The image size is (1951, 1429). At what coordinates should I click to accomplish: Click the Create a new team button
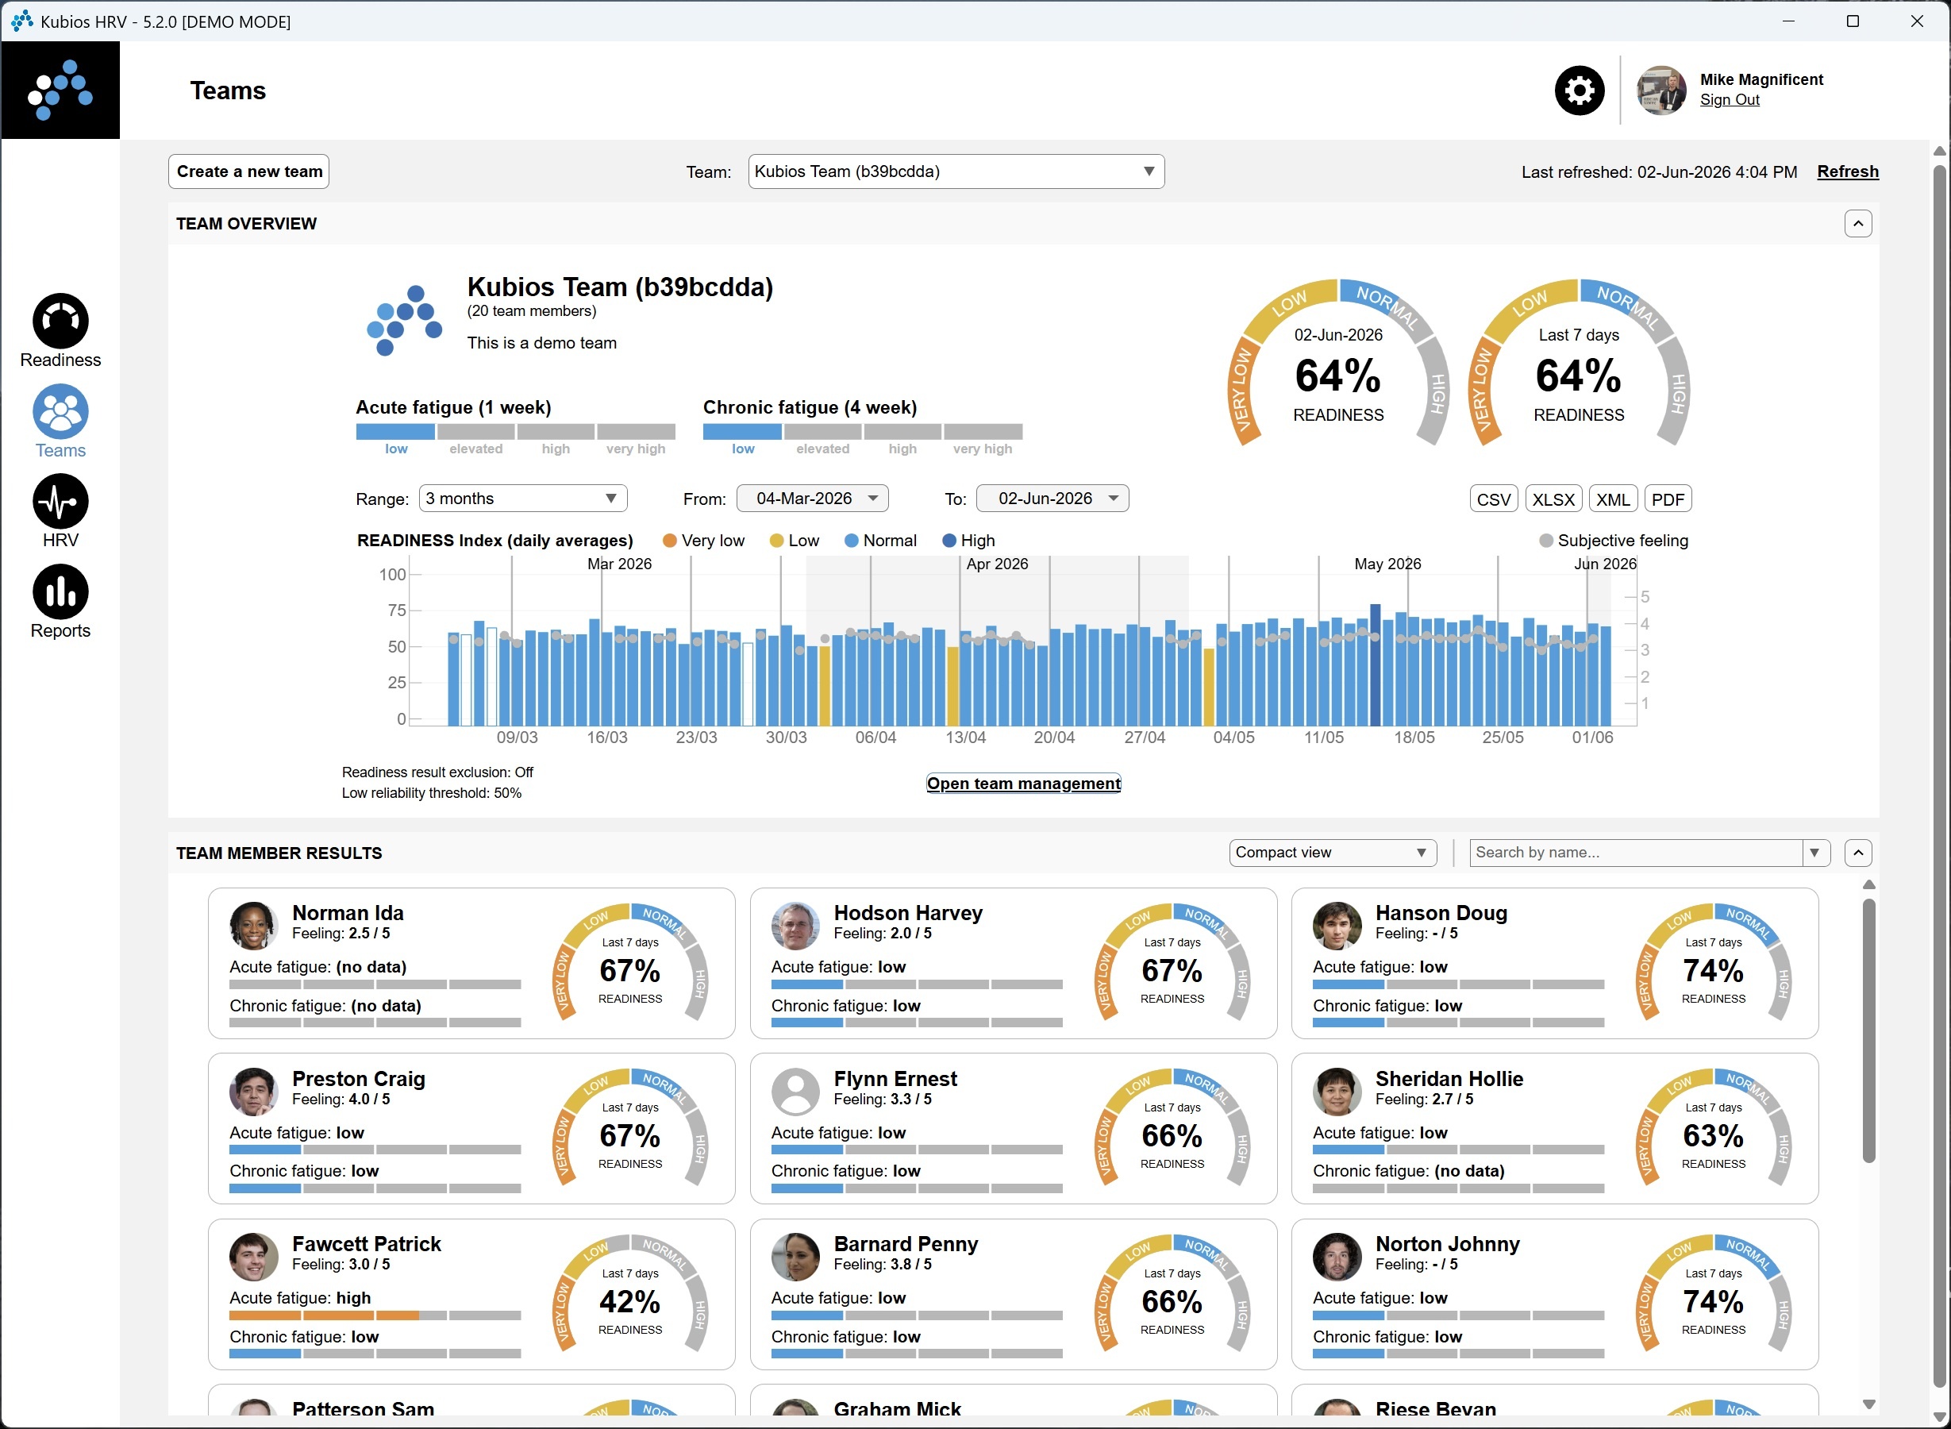click(249, 171)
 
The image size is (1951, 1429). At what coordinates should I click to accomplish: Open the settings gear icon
click(1579, 91)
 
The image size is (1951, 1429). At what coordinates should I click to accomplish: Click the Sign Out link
click(1730, 99)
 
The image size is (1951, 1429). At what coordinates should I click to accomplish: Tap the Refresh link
click(1848, 171)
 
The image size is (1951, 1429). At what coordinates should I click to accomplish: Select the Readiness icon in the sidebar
click(60, 321)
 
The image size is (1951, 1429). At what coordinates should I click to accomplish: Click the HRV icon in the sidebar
click(60, 501)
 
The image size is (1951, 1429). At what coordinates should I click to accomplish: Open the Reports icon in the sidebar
click(60, 591)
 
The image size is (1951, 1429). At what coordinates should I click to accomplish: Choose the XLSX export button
click(1553, 499)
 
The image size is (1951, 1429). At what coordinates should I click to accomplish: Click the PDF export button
click(1668, 499)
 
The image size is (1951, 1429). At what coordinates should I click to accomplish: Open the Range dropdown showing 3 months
click(523, 499)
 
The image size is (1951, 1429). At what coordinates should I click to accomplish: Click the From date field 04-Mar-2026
click(813, 499)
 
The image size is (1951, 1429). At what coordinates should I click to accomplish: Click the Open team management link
click(1024, 784)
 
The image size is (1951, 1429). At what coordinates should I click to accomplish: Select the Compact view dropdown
click(1333, 853)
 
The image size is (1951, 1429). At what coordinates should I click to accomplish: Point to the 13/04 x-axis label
click(965, 738)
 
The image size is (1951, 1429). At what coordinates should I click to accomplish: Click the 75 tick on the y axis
click(396, 611)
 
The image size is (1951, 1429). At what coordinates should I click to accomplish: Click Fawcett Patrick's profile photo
click(253, 1257)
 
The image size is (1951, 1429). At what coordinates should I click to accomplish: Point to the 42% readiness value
click(630, 1302)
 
